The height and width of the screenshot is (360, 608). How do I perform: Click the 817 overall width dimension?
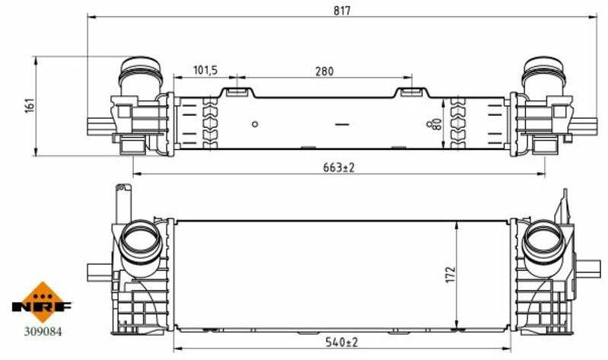[x=342, y=11]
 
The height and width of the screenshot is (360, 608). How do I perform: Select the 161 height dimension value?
[x=30, y=106]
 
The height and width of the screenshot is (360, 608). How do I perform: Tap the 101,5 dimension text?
[x=205, y=70]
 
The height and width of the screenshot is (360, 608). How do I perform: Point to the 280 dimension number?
[x=324, y=72]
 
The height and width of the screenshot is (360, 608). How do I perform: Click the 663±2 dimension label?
[x=339, y=167]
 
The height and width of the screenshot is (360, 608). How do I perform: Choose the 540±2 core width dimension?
[x=342, y=342]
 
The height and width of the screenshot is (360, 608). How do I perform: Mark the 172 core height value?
[x=450, y=274]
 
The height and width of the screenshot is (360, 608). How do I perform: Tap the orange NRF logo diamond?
[x=43, y=302]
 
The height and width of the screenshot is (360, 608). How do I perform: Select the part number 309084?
[x=43, y=332]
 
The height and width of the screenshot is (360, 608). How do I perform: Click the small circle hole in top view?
[x=255, y=124]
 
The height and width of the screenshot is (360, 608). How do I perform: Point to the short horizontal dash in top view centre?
[x=342, y=125]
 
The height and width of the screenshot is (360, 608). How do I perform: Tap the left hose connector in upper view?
[x=140, y=75]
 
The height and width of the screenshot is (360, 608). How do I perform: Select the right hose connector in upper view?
[x=544, y=75]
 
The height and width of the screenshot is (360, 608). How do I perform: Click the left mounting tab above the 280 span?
[x=237, y=92]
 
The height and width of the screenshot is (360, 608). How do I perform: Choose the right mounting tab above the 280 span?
[x=412, y=92]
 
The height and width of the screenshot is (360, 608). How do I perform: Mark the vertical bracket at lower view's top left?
[x=124, y=203]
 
